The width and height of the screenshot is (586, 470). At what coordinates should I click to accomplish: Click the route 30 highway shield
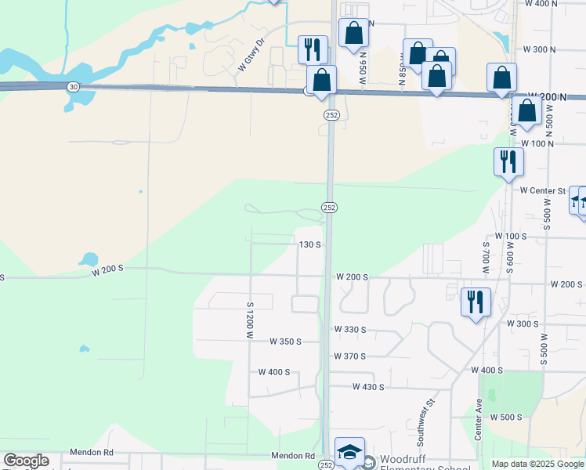(72, 87)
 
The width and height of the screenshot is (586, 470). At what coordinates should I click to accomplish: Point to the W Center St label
(542, 190)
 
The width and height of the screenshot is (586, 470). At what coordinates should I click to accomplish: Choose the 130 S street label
(310, 244)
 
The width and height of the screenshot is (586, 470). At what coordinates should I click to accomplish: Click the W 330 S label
(349, 330)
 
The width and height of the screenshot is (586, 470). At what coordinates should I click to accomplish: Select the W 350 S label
(286, 342)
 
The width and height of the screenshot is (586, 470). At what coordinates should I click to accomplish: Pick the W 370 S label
(349, 356)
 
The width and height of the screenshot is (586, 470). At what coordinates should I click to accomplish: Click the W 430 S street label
(368, 387)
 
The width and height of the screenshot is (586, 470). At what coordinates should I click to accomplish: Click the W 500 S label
(506, 417)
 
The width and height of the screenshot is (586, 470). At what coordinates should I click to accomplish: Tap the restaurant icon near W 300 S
(476, 301)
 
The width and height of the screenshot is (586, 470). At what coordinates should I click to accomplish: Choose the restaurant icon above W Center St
(508, 161)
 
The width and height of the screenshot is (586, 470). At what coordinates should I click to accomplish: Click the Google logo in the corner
(26, 461)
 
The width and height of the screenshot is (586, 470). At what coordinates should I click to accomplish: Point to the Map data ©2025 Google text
(538, 464)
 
